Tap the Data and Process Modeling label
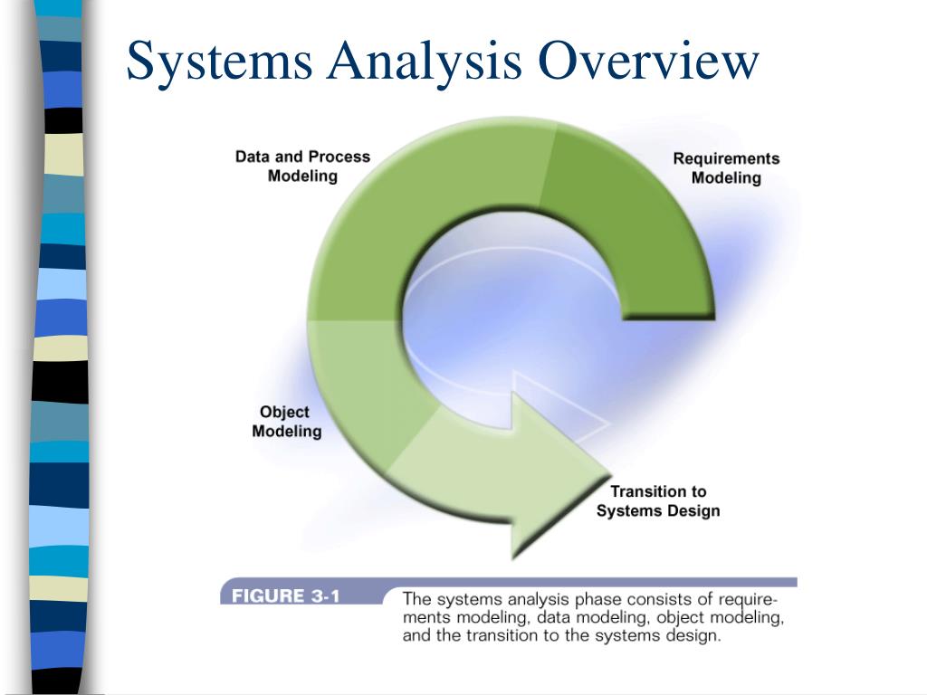tap(302, 166)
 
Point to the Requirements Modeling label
tap(725, 168)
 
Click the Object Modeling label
tap(286, 422)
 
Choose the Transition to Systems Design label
tap(657, 501)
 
